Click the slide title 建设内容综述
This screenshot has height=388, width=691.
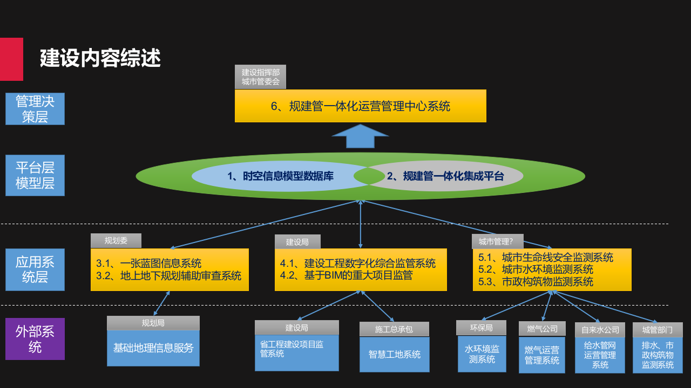[100, 58]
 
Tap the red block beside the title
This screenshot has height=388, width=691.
[11, 59]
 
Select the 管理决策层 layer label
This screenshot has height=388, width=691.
[35, 109]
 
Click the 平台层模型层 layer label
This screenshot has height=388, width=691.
[35, 175]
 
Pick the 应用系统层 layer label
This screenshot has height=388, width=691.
[35, 269]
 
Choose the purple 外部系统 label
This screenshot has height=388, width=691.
[35, 338]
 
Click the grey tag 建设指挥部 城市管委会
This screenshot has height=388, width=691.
[260, 77]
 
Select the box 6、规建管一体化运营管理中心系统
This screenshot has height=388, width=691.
[360, 106]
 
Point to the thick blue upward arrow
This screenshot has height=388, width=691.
[360, 136]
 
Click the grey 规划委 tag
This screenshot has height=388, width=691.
[116, 240]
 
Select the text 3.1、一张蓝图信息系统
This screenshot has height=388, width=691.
[149, 264]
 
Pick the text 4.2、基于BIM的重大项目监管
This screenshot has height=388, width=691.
[346, 276]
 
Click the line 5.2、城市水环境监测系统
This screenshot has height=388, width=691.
[536, 269]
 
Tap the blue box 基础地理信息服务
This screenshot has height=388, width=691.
[153, 348]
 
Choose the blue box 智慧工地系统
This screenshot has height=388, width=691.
[395, 355]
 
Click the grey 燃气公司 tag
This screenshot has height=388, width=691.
[542, 329]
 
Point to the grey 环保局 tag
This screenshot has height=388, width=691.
[481, 328]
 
